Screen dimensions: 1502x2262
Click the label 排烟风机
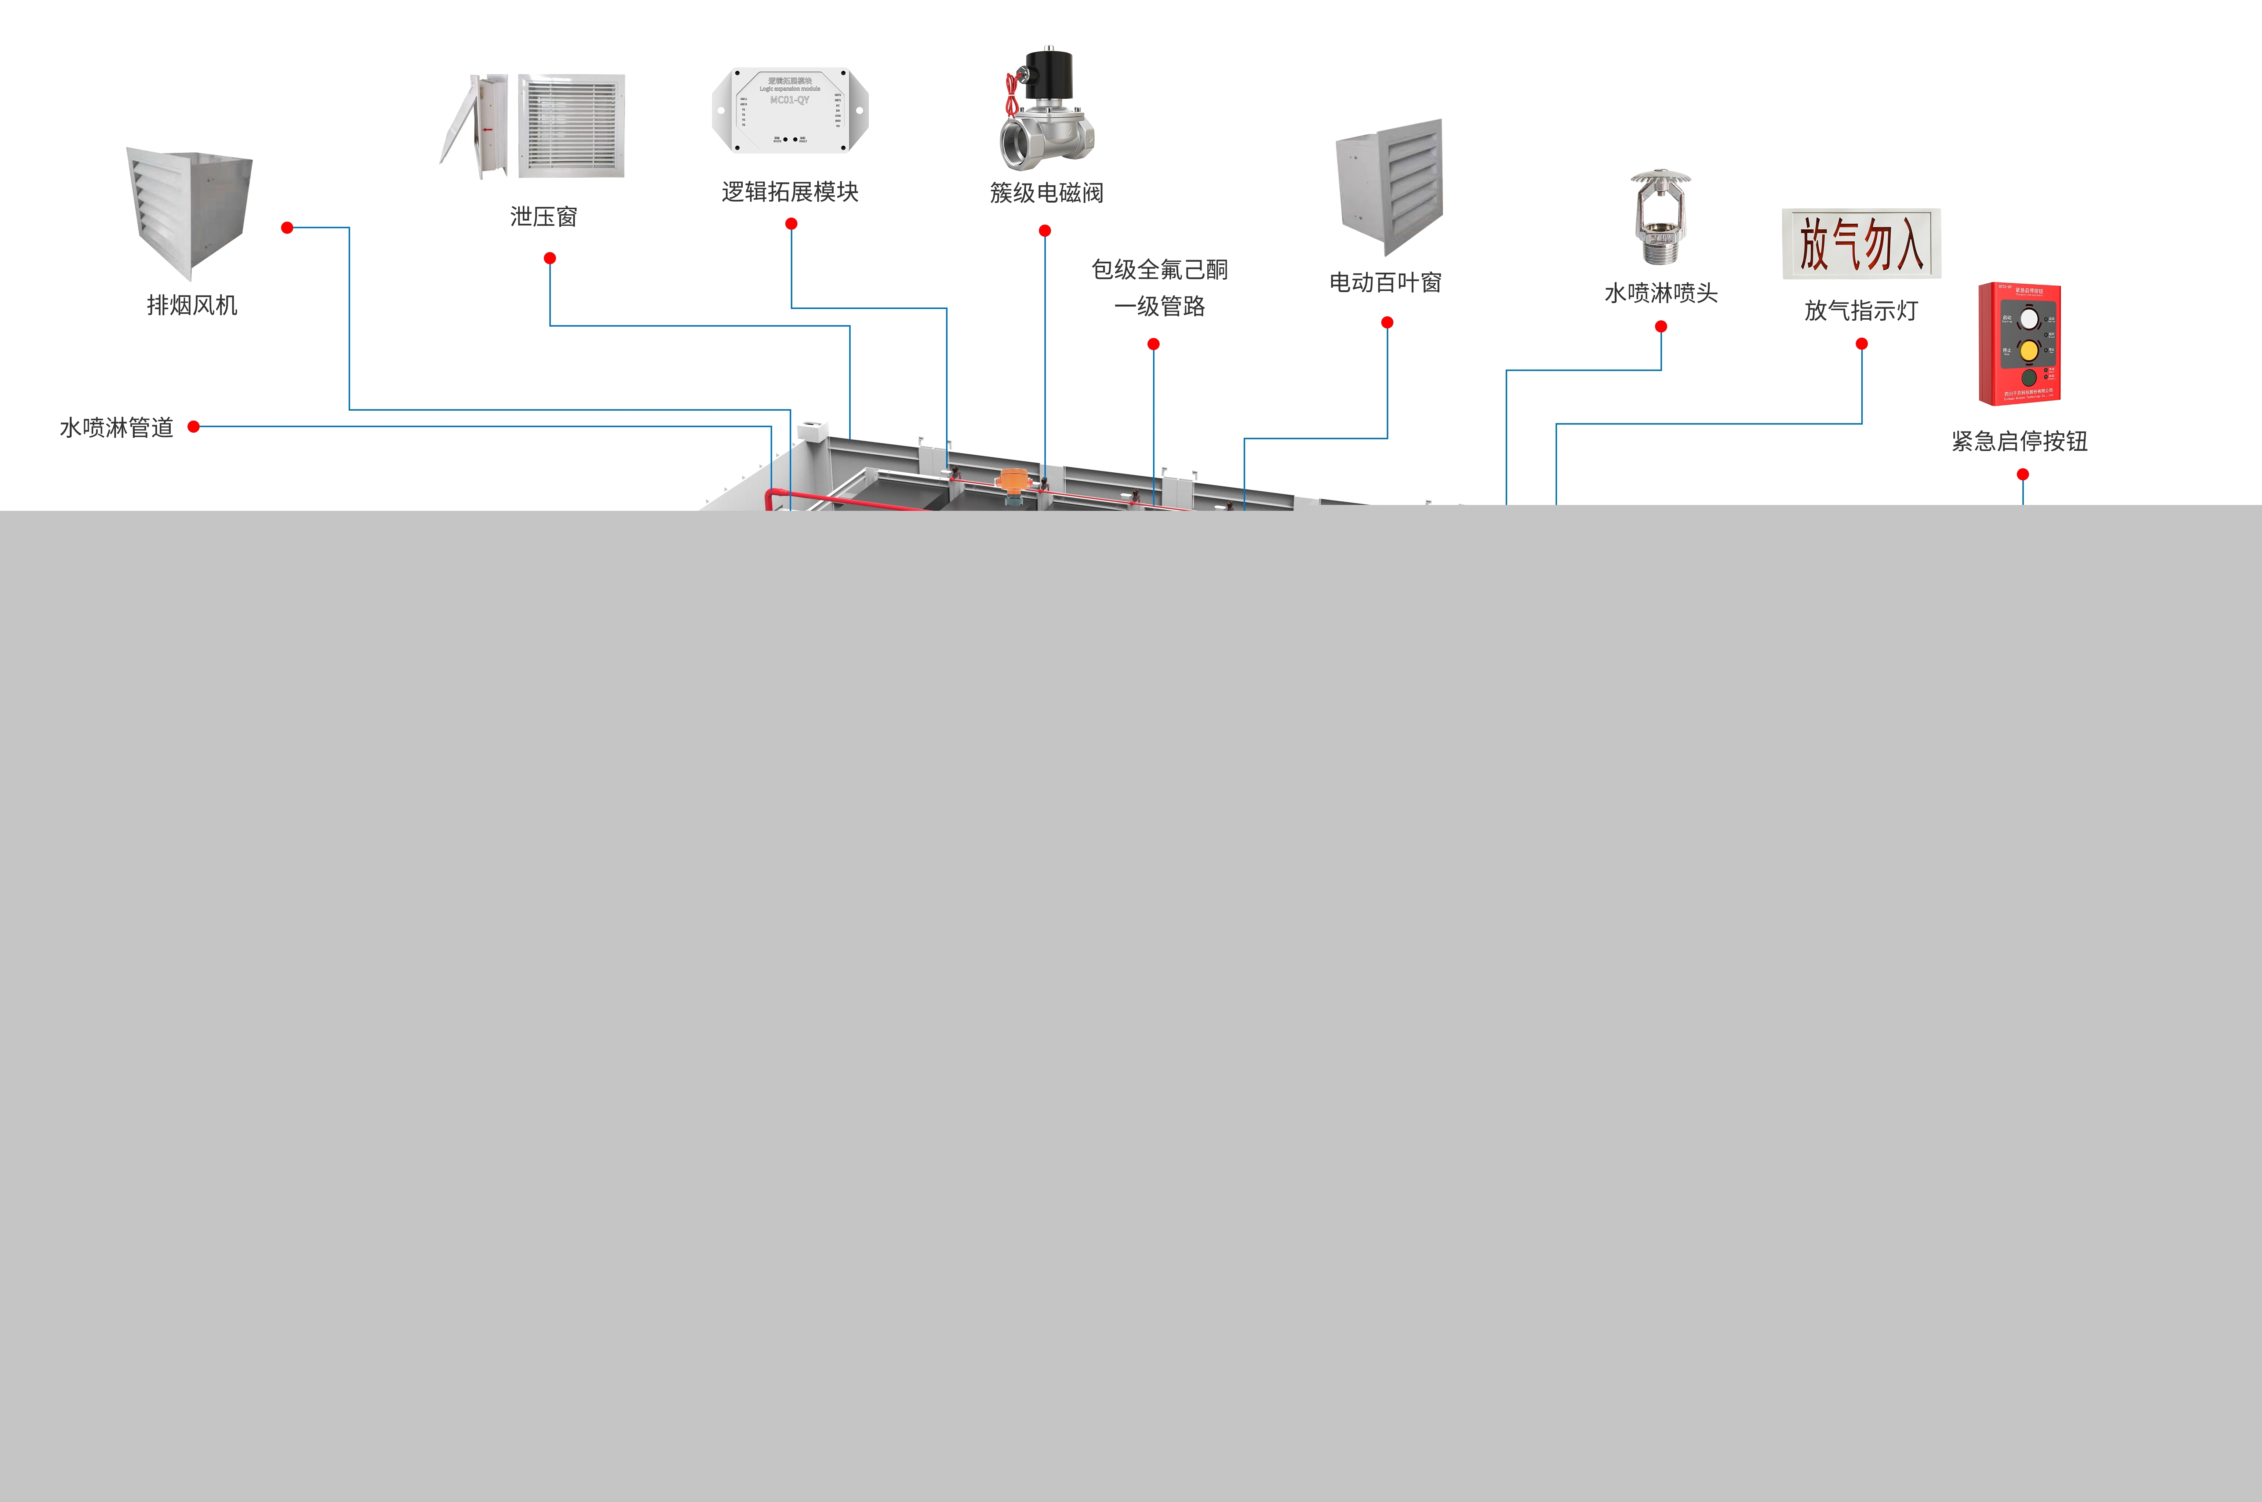192,306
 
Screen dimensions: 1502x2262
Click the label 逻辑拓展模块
790,193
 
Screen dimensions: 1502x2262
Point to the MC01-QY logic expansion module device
790,109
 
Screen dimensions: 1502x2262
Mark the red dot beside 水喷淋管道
193,427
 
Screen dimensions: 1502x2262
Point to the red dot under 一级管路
1154,344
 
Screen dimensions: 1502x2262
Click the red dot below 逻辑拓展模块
791,224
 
